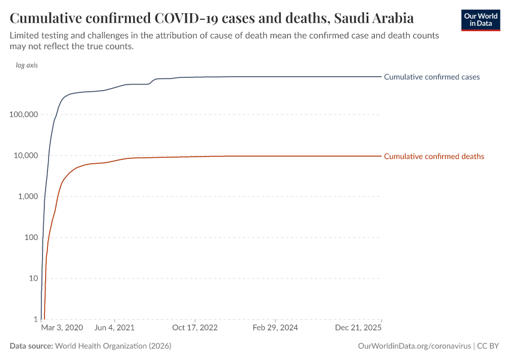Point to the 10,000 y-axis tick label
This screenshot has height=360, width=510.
tap(26, 155)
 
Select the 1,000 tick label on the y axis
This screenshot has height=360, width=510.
tap(28, 196)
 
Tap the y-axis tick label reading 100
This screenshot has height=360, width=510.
tap(31, 238)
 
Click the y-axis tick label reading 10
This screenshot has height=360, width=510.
tap(33, 278)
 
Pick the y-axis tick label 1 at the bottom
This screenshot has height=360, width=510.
tap(35, 319)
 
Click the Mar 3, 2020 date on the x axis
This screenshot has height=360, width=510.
tap(62, 328)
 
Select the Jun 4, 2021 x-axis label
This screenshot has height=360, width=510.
tap(115, 328)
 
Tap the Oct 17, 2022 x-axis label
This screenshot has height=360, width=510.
tap(194, 328)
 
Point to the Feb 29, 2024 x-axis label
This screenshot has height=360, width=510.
tap(275, 328)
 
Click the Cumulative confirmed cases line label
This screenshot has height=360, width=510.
tap(431, 77)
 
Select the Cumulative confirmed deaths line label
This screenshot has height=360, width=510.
tap(434, 157)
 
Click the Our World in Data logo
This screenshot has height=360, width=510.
tap(480, 19)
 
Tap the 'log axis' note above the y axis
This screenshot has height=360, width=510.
tap(27, 65)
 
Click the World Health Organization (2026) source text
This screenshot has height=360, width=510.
tap(113, 346)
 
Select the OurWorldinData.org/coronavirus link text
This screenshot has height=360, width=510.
tap(413, 346)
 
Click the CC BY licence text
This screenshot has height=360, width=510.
tap(489, 346)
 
